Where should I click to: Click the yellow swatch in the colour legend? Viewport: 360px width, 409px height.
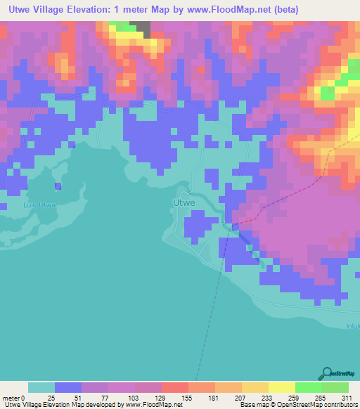(281, 387)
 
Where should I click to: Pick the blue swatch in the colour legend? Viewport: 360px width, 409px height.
(68, 387)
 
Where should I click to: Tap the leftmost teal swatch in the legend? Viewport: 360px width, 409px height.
(41, 387)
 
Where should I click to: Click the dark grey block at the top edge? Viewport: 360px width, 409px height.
(143, 28)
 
